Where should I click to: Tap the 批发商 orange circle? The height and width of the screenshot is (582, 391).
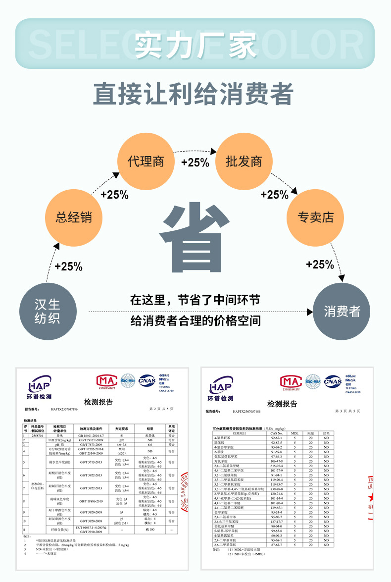pyautogui.click(x=244, y=162)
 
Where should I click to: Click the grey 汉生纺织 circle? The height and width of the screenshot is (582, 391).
pyautogui.click(x=48, y=311)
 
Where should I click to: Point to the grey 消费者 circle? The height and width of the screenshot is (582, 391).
pyautogui.click(x=342, y=312)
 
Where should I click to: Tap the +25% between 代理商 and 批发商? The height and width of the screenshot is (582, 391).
pyautogui.click(x=195, y=162)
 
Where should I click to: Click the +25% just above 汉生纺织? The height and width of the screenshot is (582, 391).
pyautogui.click(x=68, y=266)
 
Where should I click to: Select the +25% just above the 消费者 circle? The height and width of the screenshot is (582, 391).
pyautogui.click(x=320, y=265)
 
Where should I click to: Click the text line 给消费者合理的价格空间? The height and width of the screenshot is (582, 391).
pyautogui.click(x=195, y=320)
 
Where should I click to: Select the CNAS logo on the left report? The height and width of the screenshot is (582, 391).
pyautogui.click(x=147, y=381)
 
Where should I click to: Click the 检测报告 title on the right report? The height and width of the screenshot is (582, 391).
pyautogui.click(x=282, y=404)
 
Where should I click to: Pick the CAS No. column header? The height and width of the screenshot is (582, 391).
pyautogui.click(x=277, y=433)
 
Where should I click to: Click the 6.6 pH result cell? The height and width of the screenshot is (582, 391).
pyautogui.click(x=149, y=445)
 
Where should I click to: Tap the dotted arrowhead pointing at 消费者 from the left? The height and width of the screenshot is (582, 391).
pyautogui.click(x=310, y=312)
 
